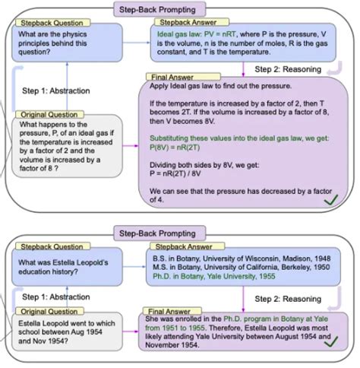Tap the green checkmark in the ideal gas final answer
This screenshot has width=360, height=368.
click(331, 199)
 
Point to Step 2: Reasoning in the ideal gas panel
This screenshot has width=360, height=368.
click(285, 70)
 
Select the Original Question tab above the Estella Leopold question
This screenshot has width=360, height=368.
click(37, 312)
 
